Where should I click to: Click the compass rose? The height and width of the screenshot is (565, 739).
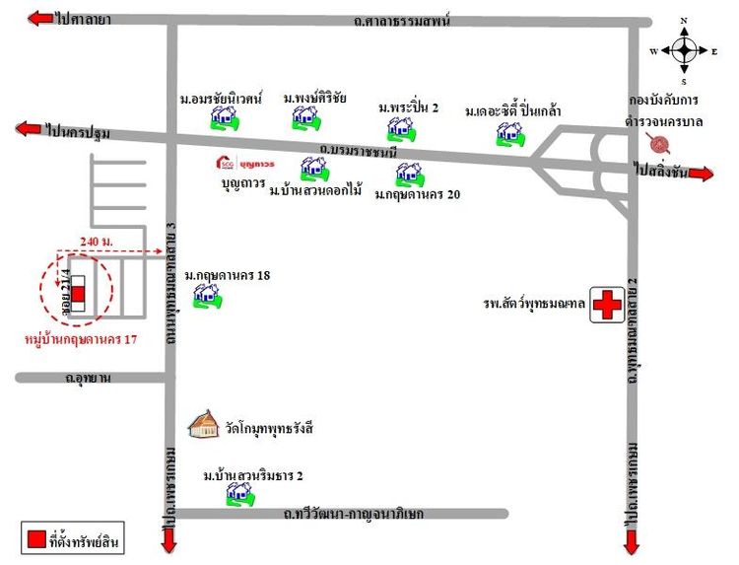(x=685, y=49)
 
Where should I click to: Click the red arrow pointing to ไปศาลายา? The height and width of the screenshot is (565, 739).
(x=40, y=19)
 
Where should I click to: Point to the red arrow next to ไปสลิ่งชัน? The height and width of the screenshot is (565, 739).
(x=701, y=174)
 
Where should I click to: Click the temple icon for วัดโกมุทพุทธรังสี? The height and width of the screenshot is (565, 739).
(x=205, y=424)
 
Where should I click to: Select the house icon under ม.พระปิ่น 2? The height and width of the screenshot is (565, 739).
(x=399, y=128)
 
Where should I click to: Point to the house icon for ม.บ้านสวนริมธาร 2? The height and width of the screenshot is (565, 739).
(x=237, y=494)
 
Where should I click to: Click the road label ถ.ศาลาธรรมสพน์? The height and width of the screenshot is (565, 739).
(x=404, y=20)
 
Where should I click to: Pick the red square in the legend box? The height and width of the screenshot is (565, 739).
(x=34, y=537)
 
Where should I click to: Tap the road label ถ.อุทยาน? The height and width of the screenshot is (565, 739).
(x=87, y=378)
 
